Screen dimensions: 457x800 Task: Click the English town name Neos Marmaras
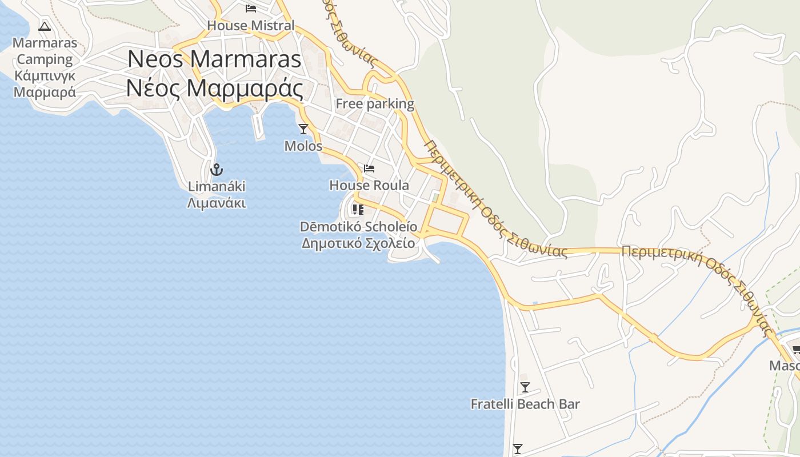[214, 59]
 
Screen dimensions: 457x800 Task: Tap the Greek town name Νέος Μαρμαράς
[214, 87]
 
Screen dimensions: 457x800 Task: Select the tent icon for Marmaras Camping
[45, 26]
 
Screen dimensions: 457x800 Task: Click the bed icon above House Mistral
[250, 9]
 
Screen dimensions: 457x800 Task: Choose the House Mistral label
[251, 25]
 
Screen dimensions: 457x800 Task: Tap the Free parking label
[375, 103]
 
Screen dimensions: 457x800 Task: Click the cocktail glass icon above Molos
[303, 129]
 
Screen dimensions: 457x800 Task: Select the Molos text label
[303, 146]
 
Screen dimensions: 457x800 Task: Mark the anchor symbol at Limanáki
[217, 169]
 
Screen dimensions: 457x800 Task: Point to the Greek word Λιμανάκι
[217, 203]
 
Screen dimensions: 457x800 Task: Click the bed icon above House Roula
[369, 169]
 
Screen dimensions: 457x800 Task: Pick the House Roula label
[369, 185]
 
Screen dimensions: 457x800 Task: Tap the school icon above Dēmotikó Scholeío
[358, 210]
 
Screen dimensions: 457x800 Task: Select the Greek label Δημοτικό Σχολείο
[358, 243]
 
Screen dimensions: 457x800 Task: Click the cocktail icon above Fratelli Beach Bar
[525, 387]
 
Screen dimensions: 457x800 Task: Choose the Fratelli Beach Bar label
[525, 404]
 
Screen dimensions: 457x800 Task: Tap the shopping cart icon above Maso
[795, 349]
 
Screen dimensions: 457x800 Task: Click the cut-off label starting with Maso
[784, 366]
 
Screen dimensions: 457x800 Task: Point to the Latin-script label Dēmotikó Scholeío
[358, 226]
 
